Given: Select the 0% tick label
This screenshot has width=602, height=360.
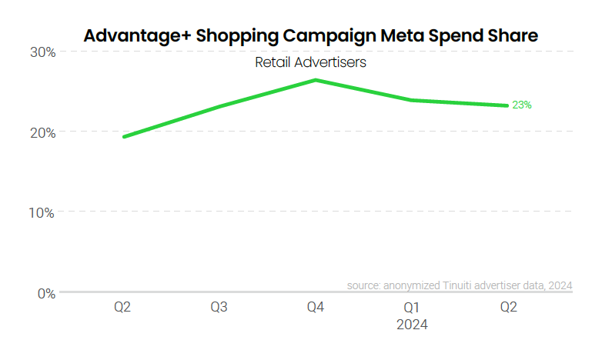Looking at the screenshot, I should (x=46, y=293).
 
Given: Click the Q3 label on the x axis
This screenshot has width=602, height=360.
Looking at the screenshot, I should (x=219, y=308).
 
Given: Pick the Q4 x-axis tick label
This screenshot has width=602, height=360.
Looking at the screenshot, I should (x=315, y=308).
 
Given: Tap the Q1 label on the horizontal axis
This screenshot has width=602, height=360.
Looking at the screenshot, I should (x=411, y=308).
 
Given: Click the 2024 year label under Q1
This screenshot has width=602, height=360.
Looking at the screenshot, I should (x=411, y=325).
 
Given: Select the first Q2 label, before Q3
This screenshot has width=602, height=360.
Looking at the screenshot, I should (x=122, y=308).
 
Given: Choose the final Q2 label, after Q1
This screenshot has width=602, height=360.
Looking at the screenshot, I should (x=508, y=308).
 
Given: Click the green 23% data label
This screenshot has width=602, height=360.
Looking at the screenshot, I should (x=522, y=105).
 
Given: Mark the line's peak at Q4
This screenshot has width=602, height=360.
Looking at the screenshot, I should (x=316, y=80).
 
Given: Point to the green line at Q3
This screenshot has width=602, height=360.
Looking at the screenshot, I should (x=219, y=106).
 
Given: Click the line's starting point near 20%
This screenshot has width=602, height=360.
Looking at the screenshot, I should (x=124, y=137).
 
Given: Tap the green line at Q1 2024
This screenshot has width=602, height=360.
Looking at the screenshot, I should (x=412, y=100).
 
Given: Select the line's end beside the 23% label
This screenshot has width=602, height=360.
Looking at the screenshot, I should (x=507, y=105).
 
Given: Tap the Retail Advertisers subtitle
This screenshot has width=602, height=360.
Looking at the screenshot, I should (x=310, y=62).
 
